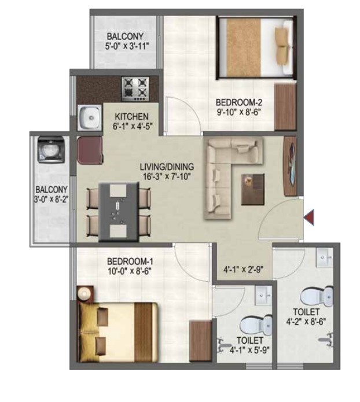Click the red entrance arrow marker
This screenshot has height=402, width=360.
(310, 217)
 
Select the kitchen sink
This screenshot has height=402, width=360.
(90, 119)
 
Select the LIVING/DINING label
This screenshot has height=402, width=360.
(167, 168)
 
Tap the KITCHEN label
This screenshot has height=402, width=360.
(132, 116)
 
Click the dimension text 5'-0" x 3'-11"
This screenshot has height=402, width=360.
(130, 47)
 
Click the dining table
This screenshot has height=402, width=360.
(118, 211)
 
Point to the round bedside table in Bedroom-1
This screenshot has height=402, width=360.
(85, 292)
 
